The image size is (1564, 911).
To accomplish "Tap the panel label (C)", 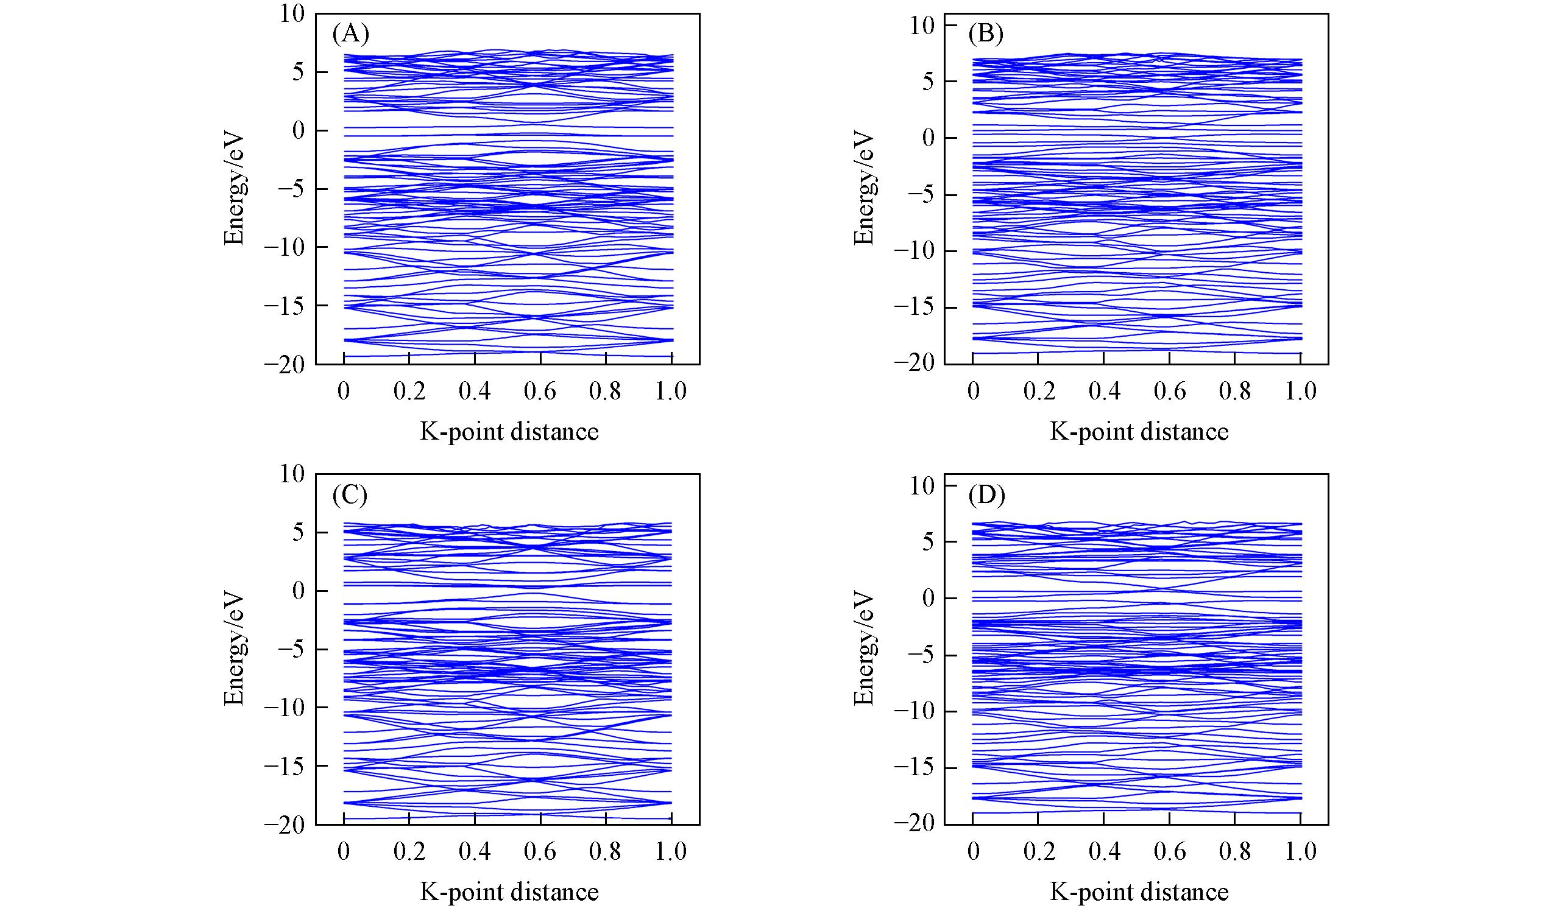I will [351, 494].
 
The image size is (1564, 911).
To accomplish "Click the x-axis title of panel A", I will [509, 432].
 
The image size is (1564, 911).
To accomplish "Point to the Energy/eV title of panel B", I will [863, 188].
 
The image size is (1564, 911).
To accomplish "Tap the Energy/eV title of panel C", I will [234, 649].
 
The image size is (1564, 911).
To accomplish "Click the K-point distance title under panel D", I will [1139, 892].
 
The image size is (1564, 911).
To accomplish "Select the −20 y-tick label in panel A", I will [285, 365].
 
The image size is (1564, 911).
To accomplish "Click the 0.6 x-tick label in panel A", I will [540, 392].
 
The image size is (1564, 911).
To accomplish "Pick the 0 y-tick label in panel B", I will [928, 138].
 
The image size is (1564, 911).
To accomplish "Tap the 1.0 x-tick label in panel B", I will [1300, 392].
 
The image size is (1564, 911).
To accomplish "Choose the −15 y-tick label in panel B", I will [915, 308].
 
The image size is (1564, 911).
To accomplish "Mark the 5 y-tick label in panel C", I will [298, 533].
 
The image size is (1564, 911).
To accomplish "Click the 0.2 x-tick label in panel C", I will [409, 851].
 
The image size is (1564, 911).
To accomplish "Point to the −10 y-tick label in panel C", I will [285, 708].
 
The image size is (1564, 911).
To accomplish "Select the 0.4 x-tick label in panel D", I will [1104, 851].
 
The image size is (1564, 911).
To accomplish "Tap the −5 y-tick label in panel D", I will [921, 655].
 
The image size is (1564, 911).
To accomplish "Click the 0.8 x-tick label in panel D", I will [1235, 851].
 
